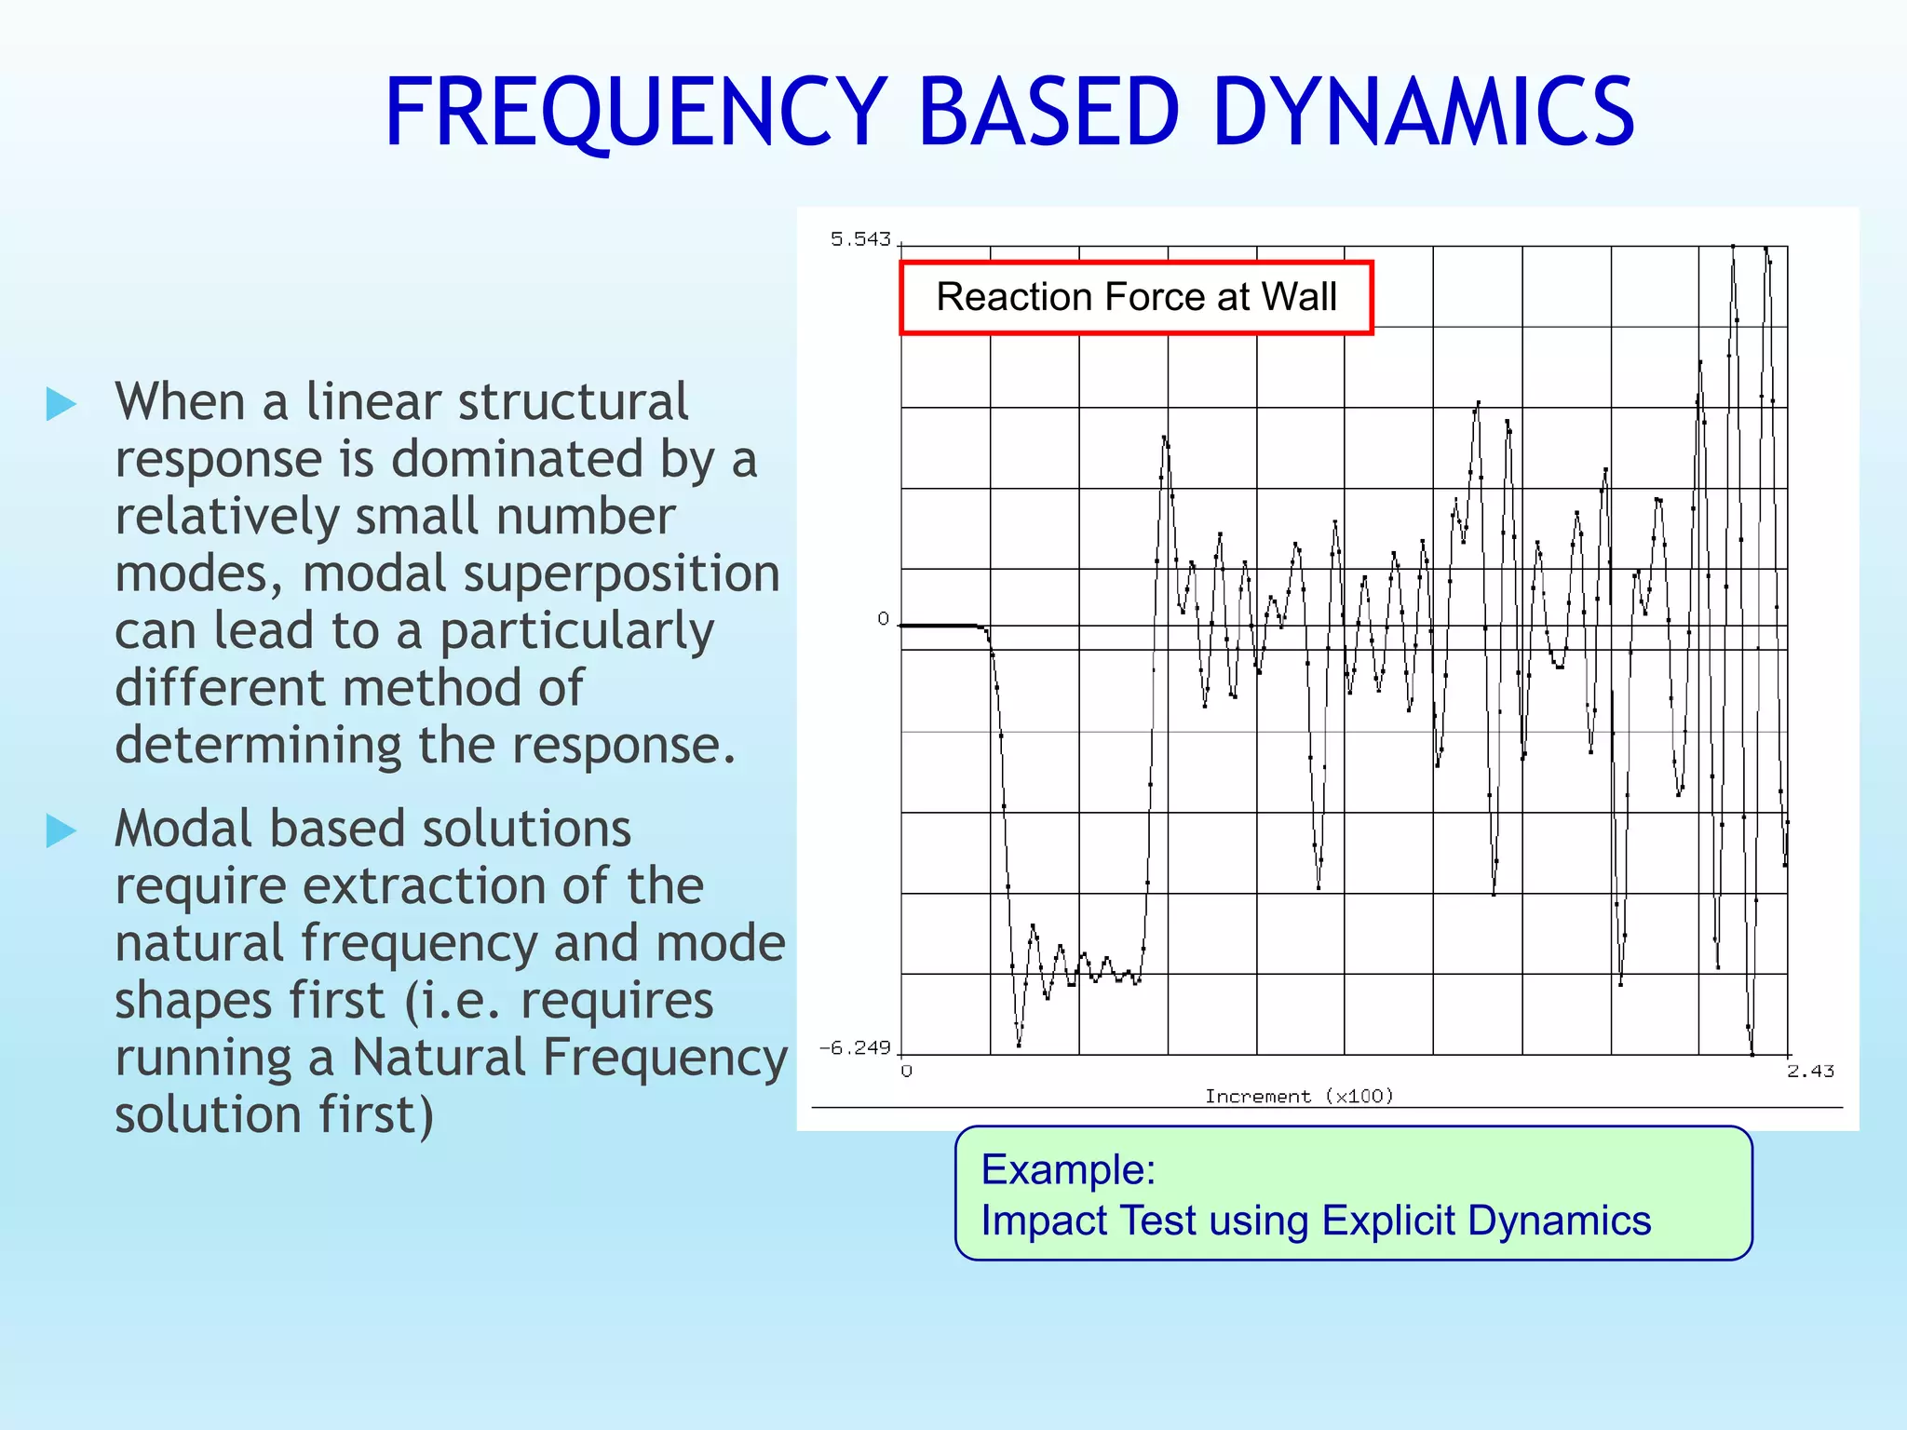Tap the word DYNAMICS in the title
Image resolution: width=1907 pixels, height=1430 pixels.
pos(1424,113)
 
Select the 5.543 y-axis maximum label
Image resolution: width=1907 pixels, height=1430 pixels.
pos(860,240)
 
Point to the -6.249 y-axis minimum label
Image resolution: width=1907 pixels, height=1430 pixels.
pos(855,1048)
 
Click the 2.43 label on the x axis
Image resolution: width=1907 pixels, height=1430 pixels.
pos(1810,1072)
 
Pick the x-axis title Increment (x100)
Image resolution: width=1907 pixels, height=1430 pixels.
pos(1299,1097)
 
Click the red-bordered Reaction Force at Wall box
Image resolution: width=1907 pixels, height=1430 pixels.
pos(1136,298)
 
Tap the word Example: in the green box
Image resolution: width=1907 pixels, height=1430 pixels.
pos(1068,1169)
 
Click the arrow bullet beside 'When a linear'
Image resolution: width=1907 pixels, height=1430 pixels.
pos(61,404)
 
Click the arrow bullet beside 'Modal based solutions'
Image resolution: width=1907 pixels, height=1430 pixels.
pos(61,830)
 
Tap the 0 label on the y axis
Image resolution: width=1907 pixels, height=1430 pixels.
pos(883,619)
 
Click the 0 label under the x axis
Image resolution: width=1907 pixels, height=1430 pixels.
pos(907,1072)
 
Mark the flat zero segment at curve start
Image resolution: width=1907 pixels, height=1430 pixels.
pos(939,626)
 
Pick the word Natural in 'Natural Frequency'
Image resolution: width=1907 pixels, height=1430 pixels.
pos(438,1059)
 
